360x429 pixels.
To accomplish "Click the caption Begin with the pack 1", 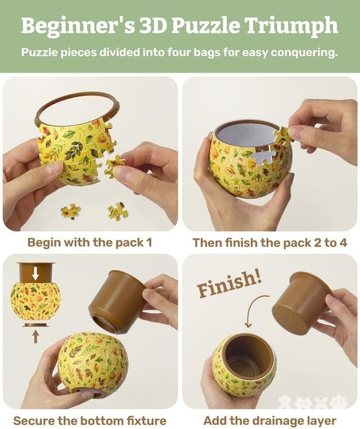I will pos(90,243).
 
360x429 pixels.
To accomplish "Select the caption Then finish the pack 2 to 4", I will pos(269,243).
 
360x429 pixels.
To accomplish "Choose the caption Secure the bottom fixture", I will pos(90,420).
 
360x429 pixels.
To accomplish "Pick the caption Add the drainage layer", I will pos(269,420).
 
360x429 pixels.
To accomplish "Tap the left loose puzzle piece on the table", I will pos(71,211).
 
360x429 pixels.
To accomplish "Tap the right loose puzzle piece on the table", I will pos(116,211).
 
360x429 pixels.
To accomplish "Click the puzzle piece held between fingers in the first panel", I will pos(114,166).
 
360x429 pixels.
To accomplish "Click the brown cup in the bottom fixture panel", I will pos(118,300).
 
